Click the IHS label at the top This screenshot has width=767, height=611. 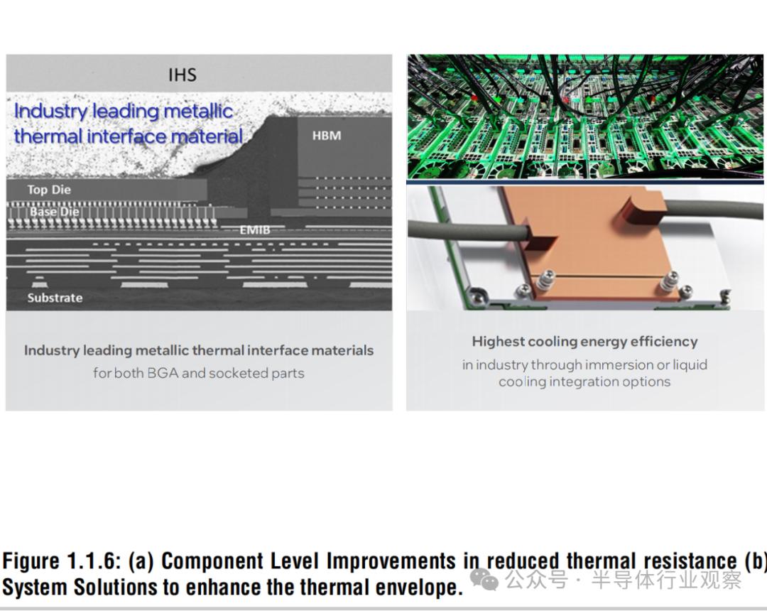(x=183, y=75)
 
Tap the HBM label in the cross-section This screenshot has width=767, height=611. (x=327, y=136)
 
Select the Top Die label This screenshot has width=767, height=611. (x=49, y=190)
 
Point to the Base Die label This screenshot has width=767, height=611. (x=54, y=212)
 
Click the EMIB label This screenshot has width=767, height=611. (x=255, y=230)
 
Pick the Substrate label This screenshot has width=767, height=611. (x=55, y=298)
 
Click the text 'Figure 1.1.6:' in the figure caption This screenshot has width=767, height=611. (x=61, y=561)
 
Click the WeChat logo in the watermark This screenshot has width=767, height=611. (x=484, y=579)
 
